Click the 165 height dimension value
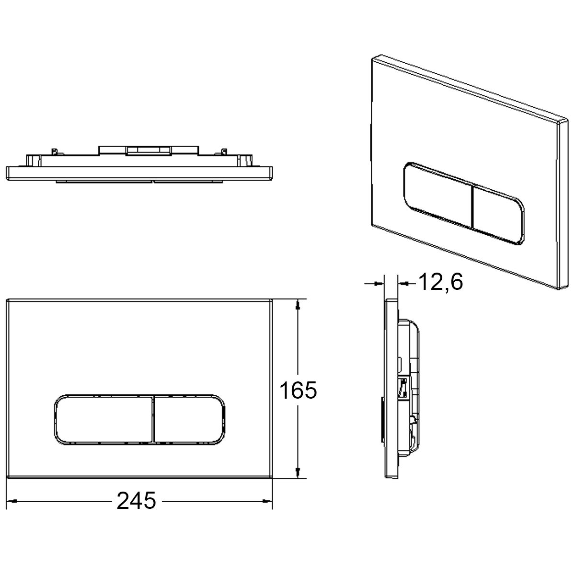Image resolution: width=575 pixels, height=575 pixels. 298,390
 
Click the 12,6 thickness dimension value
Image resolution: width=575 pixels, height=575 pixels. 441,282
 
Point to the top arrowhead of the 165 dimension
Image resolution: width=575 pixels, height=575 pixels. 298,304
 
